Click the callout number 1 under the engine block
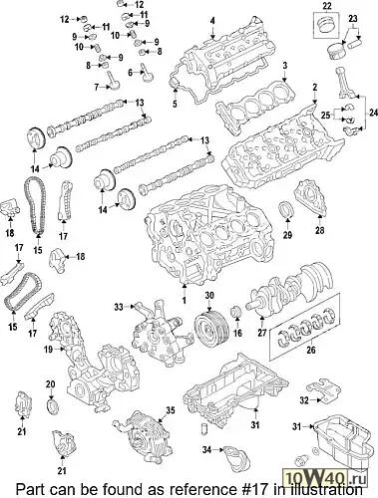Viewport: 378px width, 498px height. click(x=185, y=300)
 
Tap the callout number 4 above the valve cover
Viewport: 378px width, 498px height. click(x=212, y=21)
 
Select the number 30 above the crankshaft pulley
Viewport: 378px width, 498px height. click(x=209, y=295)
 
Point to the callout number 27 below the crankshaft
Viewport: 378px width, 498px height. click(x=262, y=332)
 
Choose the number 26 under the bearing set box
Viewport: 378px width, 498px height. click(x=311, y=350)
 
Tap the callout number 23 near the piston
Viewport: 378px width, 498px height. click(x=353, y=19)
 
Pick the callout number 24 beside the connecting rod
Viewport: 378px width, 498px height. click(x=373, y=114)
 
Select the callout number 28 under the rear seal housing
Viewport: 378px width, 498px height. click(x=319, y=230)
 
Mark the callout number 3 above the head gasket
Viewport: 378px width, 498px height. click(x=284, y=66)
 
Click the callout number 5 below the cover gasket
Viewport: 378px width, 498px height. click(x=175, y=104)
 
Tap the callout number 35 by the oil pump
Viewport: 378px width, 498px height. click(x=171, y=410)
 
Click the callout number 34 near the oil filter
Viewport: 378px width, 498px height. click(x=206, y=450)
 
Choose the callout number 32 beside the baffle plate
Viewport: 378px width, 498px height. click(x=304, y=400)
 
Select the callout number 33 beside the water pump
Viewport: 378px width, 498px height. click(x=119, y=307)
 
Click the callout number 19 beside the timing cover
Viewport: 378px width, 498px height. click(x=48, y=349)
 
